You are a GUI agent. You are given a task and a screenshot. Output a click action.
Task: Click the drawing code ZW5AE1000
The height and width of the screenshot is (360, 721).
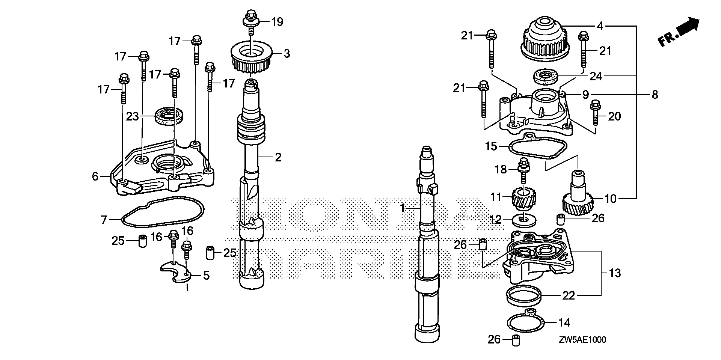click(x=582, y=340)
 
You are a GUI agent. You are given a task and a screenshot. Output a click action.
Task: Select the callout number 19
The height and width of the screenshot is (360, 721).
click(x=277, y=22)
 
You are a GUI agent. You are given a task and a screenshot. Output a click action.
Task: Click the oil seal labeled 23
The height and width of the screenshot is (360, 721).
click(x=170, y=114)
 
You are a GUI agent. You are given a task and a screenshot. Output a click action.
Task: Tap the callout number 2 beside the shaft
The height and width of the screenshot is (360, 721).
click(x=278, y=157)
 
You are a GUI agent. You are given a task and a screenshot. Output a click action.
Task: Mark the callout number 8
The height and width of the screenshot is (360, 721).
click(x=655, y=95)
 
